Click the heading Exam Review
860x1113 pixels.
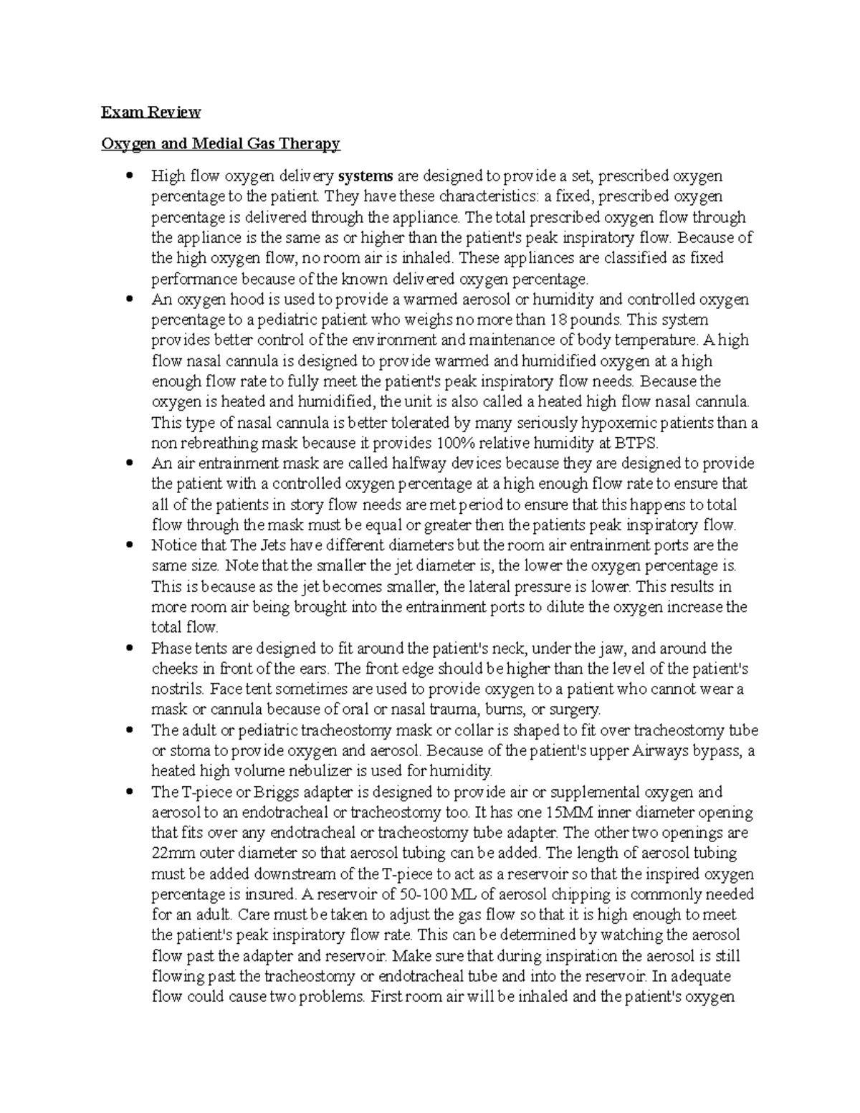[x=150, y=112]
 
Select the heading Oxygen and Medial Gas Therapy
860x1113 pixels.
[x=220, y=143]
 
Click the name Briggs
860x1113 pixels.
[x=270, y=793]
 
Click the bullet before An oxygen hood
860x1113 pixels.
[x=129, y=299]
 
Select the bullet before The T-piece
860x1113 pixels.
[x=129, y=793]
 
